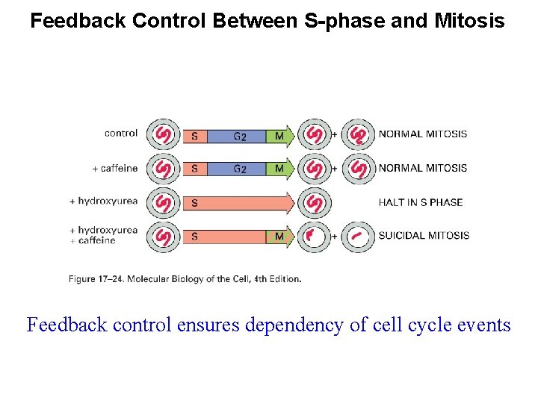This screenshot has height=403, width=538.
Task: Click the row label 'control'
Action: tap(121, 134)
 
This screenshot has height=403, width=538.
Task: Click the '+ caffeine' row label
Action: tap(114, 168)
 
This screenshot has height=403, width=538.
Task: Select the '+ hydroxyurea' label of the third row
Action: tap(103, 201)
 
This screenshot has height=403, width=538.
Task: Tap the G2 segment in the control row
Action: tap(239, 136)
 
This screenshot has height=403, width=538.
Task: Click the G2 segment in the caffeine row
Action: tap(239, 169)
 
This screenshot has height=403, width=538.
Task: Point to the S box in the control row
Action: tap(194, 136)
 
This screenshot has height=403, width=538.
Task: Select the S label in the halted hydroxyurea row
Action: tap(194, 203)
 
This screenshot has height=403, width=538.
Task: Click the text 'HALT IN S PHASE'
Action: tap(420, 202)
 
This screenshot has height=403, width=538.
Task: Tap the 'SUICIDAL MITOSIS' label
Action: tap(423, 236)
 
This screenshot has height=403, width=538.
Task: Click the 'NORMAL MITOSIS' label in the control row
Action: tap(422, 134)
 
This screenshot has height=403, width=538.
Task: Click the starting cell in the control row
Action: tap(164, 135)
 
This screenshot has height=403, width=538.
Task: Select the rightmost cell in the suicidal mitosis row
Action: tap(359, 237)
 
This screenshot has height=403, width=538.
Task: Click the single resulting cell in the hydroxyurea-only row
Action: tap(315, 202)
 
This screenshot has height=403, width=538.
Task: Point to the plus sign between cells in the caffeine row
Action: tap(336, 169)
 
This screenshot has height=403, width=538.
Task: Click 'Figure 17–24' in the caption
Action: tap(95, 279)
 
